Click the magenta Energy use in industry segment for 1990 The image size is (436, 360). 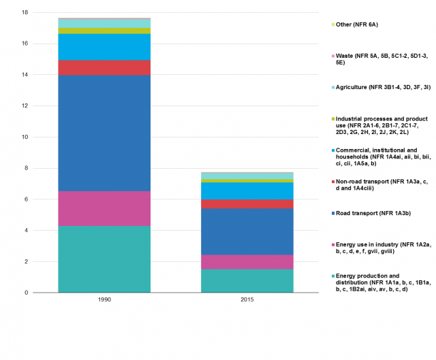tap(104, 208)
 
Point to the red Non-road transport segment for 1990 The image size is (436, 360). tap(104, 67)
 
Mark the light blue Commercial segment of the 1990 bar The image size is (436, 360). tap(104, 47)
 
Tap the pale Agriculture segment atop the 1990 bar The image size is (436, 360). tap(104, 24)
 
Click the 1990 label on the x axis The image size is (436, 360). tap(104, 299)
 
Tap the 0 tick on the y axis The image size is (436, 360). tap(25, 293)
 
